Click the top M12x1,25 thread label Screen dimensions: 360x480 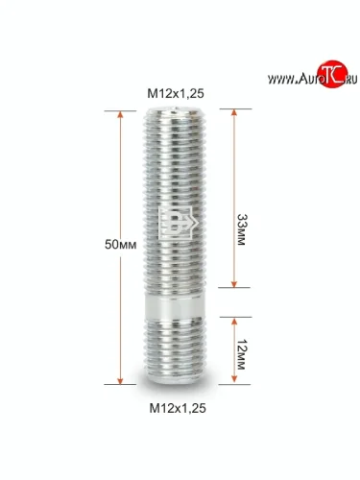[x=176, y=93]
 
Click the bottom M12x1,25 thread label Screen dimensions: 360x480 [x=178, y=408]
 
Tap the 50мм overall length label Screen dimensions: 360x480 [x=121, y=245]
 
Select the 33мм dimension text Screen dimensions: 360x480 [x=241, y=229]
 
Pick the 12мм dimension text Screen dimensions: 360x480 [x=241, y=354]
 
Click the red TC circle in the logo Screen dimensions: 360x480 [x=332, y=74]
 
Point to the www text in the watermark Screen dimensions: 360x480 [x=281, y=79]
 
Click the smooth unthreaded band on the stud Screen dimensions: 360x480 [x=175, y=306]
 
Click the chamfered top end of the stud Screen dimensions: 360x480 [x=176, y=112]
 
